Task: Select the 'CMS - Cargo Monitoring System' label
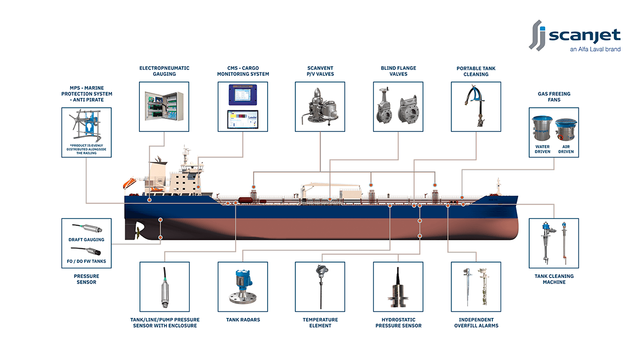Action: pyautogui.click(x=243, y=71)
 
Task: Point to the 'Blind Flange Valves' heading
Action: pyautogui.click(x=398, y=71)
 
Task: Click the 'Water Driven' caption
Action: pyautogui.click(x=542, y=149)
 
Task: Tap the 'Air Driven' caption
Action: pyautogui.click(x=566, y=149)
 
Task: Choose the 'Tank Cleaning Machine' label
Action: pyautogui.click(x=554, y=279)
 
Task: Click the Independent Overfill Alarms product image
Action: pyautogui.click(x=476, y=287)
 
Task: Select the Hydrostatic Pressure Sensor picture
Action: pyautogui.click(x=398, y=287)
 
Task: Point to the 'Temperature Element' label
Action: pyautogui.click(x=320, y=323)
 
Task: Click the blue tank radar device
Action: pyautogui.click(x=243, y=286)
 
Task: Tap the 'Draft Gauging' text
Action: pyautogui.click(x=86, y=239)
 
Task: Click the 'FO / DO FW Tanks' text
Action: pyautogui.click(x=87, y=262)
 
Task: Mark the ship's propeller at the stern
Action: pyautogui.click(x=137, y=232)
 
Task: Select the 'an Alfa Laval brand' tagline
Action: pyautogui.click(x=595, y=50)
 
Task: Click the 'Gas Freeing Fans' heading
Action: pyautogui.click(x=554, y=97)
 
